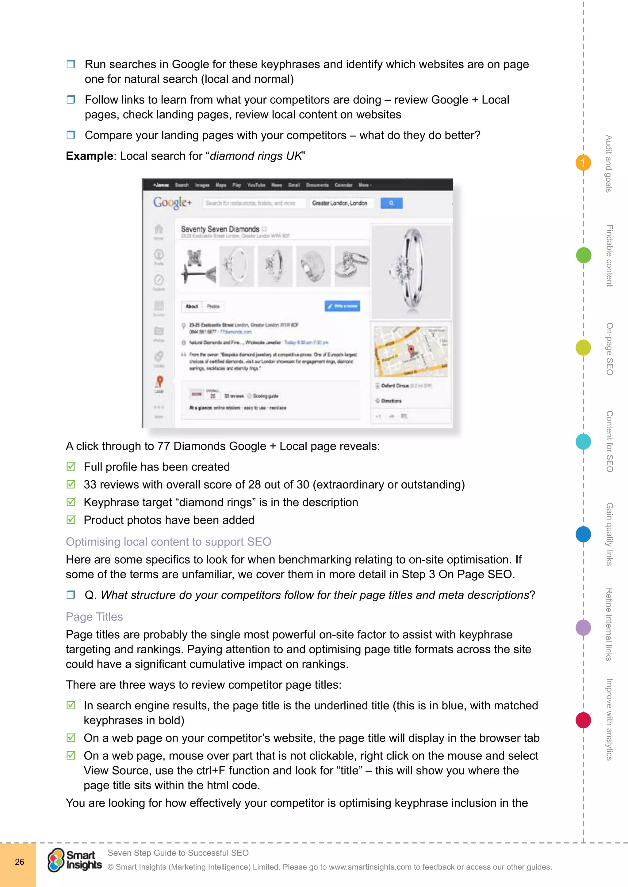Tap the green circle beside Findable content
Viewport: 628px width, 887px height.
pyautogui.click(x=584, y=255)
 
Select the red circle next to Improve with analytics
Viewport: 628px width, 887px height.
pyautogui.click(x=583, y=720)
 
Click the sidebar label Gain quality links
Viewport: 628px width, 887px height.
pyautogui.click(x=609, y=534)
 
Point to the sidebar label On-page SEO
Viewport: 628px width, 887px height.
pyautogui.click(x=609, y=349)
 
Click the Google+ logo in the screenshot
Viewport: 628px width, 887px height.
pyautogui.click(x=172, y=202)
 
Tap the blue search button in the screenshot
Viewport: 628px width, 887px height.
pyautogui.click(x=391, y=203)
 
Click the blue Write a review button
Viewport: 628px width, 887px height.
pyautogui.click(x=342, y=306)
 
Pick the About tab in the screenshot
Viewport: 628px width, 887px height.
pyautogui.click(x=192, y=306)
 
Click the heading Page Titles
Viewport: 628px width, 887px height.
pyautogui.click(x=94, y=617)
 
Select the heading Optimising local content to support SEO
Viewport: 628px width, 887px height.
pyautogui.click(x=168, y=542)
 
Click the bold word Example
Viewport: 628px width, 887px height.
pyautogui.click(x=89, y=156)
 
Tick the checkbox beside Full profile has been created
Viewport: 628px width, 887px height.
pyautogui.click(x=71, y=467)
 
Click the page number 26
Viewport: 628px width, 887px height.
pyautogui.click(x=19, y=862)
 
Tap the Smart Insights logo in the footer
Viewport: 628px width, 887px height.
pyautogui.click(x=75, y=860)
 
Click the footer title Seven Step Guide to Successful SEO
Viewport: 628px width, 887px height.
pyautogui.click(x=178, y=853)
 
